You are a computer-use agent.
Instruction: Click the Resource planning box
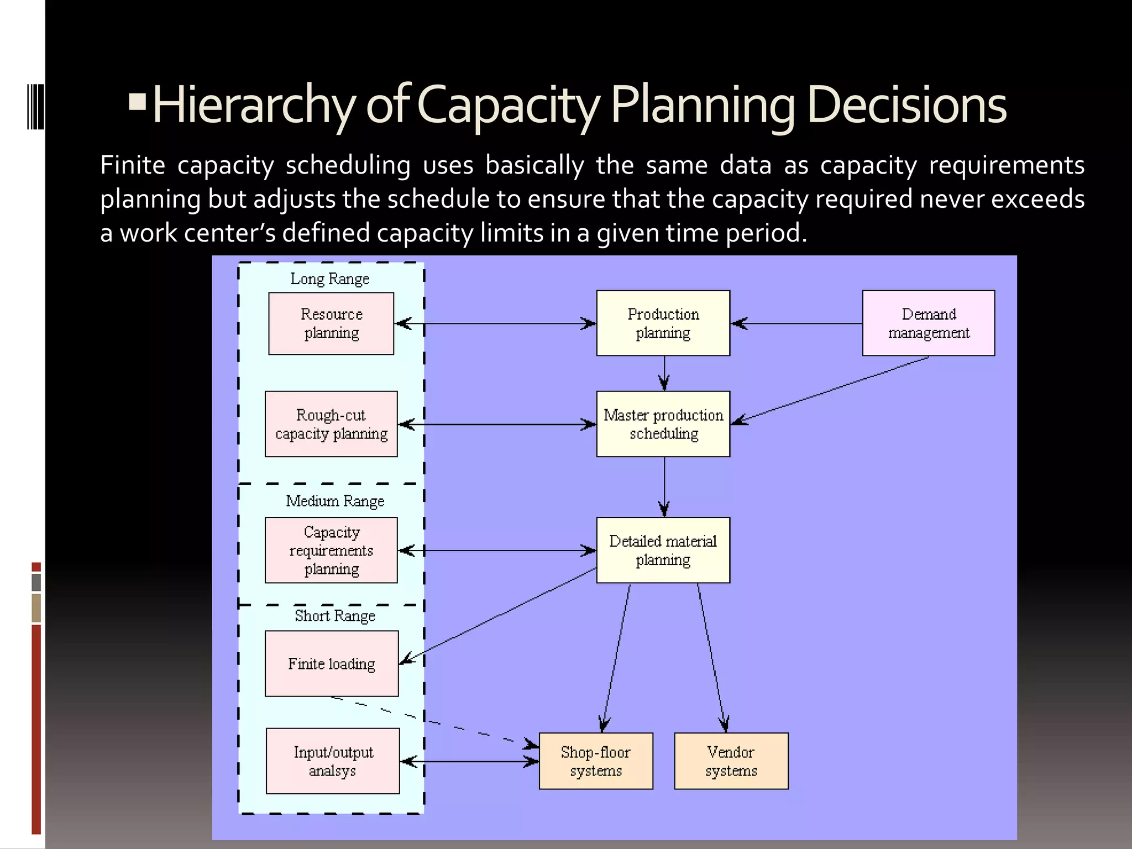pos(331,323)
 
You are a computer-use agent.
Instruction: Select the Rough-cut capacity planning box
pos(331,424)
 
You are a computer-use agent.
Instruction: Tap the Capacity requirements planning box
pos(331,550)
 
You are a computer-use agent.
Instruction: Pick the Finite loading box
pos(332,663)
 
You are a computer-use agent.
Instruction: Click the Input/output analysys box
pos(333,761)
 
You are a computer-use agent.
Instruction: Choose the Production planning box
pos(663,323)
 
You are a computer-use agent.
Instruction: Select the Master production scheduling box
pos(663,424)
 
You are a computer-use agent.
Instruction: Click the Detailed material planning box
pos(663,550)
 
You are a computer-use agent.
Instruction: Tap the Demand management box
pos(929,323)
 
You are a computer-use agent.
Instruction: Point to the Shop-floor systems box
pos(596,761)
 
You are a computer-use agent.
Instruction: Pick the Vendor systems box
pos(731,761)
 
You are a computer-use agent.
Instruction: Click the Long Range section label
pos(330,279)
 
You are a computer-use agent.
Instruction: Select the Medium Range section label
pos(335,501)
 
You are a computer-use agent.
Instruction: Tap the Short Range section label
pos(335,616)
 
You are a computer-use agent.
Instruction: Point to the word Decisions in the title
pos(906,105)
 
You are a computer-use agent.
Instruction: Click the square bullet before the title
pos(137,101)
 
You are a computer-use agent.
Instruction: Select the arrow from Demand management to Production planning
pos(796,323)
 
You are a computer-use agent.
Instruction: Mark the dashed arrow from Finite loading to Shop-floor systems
pos(431,721)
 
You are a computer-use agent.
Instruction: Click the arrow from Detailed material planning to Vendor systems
pos(712,658)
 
